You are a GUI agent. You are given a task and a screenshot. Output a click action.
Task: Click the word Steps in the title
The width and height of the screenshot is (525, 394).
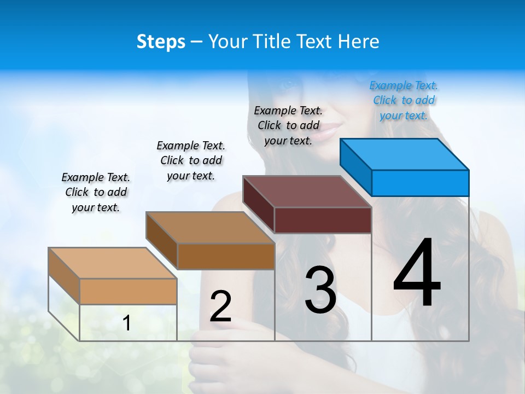pyautogui.click(x=161, y=42)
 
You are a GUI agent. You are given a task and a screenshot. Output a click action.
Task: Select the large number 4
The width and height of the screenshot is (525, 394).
pyautogui.click(x=417, y=273)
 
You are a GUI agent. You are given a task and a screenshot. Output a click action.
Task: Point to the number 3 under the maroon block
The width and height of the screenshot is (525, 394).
pyautogui.click(x=320, y=290)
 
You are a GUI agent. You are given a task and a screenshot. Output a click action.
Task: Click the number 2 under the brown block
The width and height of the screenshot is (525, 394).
pyautogui.click(x=220, y=306)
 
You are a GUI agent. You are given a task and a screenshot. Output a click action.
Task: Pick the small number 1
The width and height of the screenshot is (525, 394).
pyautogui.click(x=126, y=323)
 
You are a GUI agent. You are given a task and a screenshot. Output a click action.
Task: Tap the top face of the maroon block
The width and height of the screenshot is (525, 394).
pyautogui.click(x=307, y=192)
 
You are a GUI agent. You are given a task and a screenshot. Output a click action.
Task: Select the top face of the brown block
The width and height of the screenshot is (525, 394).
pyautogui.click(x=210, y=228)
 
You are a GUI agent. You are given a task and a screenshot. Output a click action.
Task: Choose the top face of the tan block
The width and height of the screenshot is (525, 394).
pyautogui.click(x=112, y=263)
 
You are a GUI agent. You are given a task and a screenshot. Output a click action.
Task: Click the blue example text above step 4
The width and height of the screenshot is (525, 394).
pyautogui.click(x=404, y=100)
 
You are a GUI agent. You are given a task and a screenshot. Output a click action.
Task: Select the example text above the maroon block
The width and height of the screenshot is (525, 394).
pyautogui.click(x=288, y=125)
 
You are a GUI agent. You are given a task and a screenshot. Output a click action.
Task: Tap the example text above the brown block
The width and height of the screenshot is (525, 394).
pyautogui.click(x=191, y=160)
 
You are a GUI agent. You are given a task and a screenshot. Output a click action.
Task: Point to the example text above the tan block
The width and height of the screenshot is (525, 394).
pyautogui.click(x=96, y=192)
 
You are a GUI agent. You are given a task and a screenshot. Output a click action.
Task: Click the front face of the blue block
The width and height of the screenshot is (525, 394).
pyautogui.click(x=420, y=183)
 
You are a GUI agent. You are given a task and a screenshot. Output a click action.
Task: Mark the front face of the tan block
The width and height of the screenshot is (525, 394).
pyautogui.click(x=128, y=291)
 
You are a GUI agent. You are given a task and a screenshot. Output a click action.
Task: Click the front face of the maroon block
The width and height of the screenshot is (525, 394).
pyautogui.click(x=323, y=220)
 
